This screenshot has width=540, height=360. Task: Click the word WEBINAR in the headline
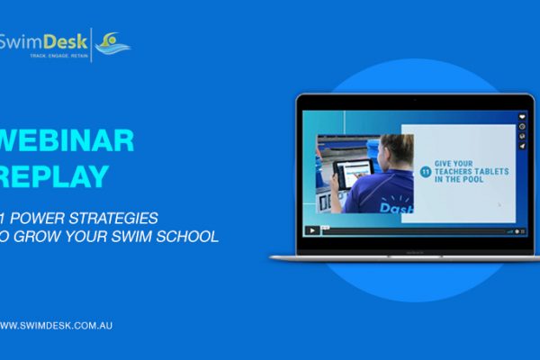[x=68, y=140]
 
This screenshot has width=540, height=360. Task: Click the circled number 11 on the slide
[x=426, y=166]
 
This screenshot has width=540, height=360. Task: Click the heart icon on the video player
[x=521, y=117]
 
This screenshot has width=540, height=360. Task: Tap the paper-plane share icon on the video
[x=521, y=144]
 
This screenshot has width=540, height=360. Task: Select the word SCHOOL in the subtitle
[x=184, y=238]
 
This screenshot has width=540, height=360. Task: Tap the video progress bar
[x=414, y=230]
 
